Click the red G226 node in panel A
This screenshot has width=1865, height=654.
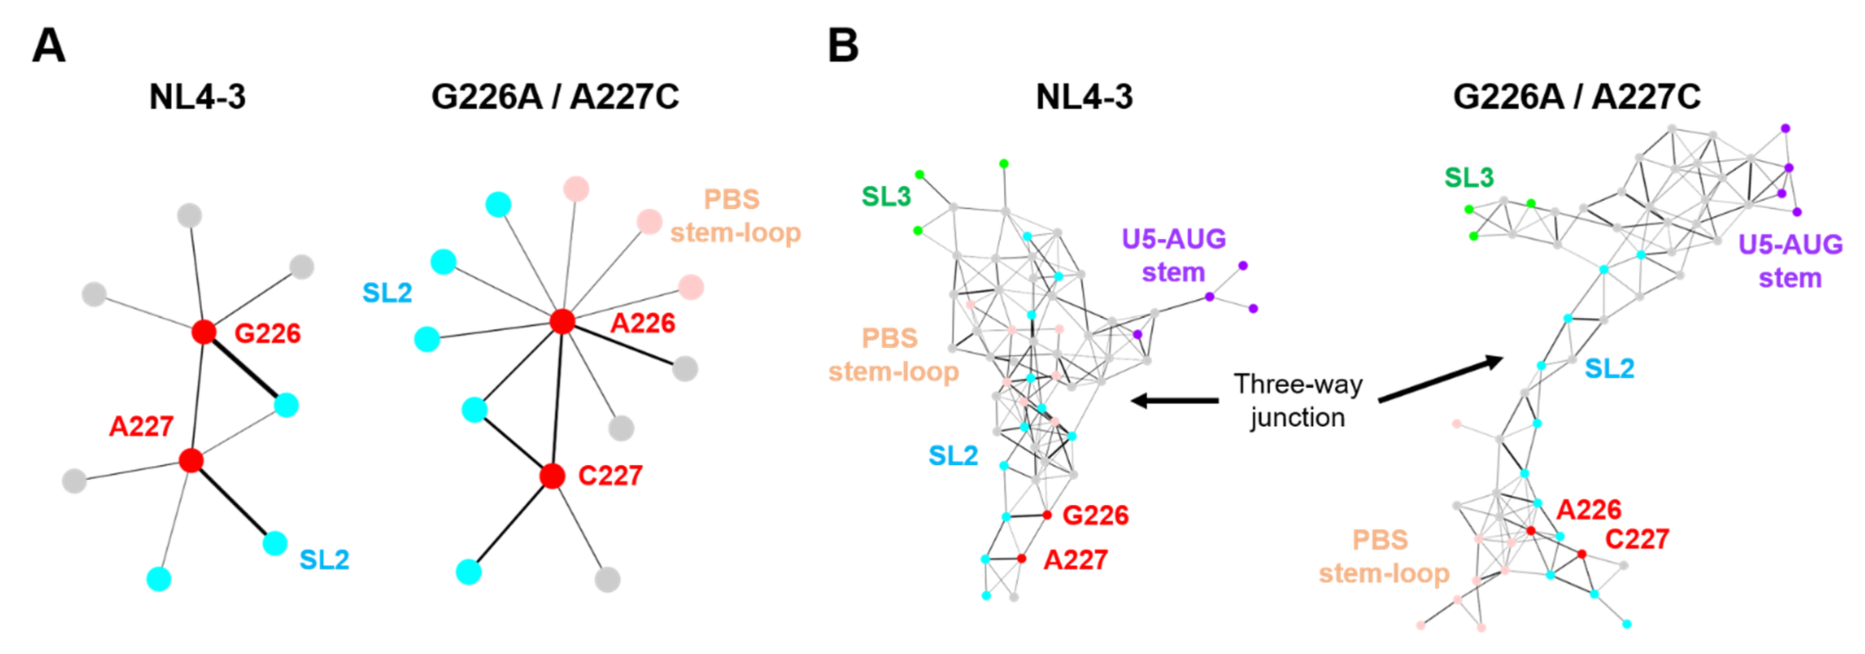(204, 332)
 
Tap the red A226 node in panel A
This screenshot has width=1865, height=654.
(562, 321)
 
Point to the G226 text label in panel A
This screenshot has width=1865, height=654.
(267, 333)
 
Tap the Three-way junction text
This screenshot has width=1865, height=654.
(1297, 401)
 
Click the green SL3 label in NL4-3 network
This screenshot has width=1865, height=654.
(886, 196)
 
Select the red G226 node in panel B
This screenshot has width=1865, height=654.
(1047, 515)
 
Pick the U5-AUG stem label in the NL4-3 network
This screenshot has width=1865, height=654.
(1173, 255)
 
